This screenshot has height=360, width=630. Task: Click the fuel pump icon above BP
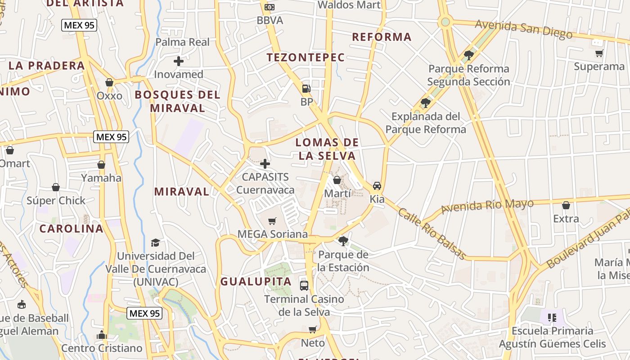pyautogui.click(x=306, y=89)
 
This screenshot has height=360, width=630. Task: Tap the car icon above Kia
pyautogui.click(x=377, y=186)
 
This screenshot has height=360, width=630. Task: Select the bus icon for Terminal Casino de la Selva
pyautogui.click(x=304, y=285)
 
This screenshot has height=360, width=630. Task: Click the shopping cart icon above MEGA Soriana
pyautogui.click(x=272, y=221)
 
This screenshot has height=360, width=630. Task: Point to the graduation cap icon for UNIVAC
pyautogui.click(x=156, y=243)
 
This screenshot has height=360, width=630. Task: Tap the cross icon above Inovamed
pyautogui.click(x=179, y=61)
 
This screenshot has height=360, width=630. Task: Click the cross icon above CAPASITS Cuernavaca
pyautogui.click(x=265, y=163)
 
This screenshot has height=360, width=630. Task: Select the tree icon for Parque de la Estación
pyautogui.click(x=343, y=241)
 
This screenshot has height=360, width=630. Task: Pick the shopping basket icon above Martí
pyautogui.click(x=337, y=180)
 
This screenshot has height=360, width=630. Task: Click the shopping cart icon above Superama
pyautogui.click(x=599, y=54)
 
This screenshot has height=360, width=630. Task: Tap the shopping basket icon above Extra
pyautogui.click(x=566, y=206)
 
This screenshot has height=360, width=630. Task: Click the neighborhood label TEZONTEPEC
pyautogui.click(x=306, y=58)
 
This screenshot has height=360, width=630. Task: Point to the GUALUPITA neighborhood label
pyautogui.click(x=256, y=282)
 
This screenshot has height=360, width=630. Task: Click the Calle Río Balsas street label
pyautogui.click(x=432, y=234)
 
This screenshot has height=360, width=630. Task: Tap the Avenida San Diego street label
pyautogui.click(x=524, y=29)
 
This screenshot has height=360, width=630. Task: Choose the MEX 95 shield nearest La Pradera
pyautogui.click(x=79, y=25)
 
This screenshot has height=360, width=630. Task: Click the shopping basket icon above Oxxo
pyautogui.click(x=109, y=82)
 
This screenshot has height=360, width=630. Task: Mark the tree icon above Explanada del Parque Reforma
pyautogui.click(x=425, y=103)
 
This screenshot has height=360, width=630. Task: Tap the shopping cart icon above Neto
pyautogui.click(x=313, y=329)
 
